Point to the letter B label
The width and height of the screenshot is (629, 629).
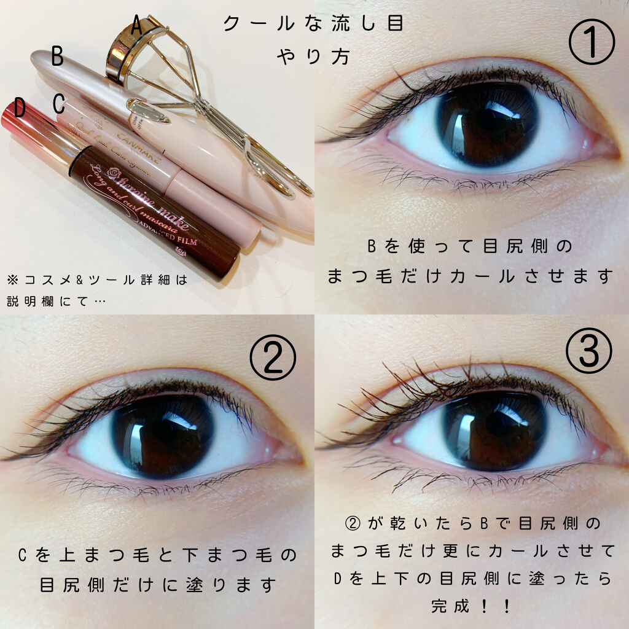pos(57,57)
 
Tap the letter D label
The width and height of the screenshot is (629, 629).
pos(20,109)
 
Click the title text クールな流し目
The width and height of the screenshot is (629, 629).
pos(313,25)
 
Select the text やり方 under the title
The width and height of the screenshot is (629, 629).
pos(313,57)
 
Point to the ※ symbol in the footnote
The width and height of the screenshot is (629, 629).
pos(14,280)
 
